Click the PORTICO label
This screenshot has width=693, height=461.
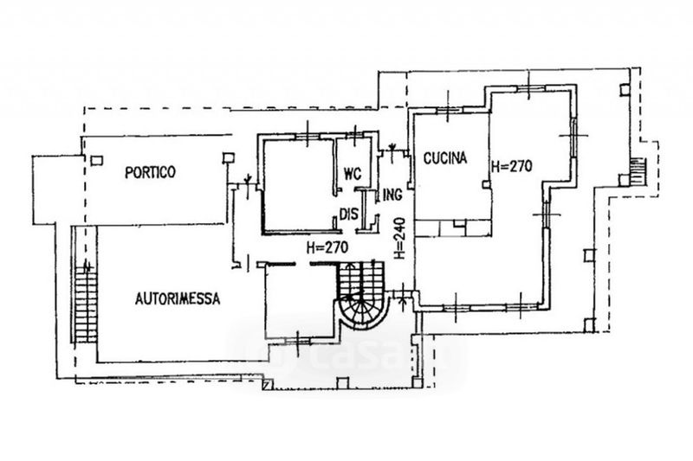coord(150,172)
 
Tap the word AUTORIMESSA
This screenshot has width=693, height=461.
coord(178,299)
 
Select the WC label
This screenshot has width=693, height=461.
coord(351,171)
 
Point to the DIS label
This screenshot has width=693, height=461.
coord(348,214)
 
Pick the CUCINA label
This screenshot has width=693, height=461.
coord(445,158)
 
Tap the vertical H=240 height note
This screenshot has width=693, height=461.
coord(400,238)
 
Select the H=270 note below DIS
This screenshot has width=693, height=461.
coord(327,247)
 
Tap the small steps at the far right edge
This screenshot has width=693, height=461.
coord(638,170)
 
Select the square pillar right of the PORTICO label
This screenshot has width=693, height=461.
coord(228,157)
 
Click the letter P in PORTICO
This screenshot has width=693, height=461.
coord(127,172)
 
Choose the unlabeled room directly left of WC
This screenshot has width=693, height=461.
coord(297,183)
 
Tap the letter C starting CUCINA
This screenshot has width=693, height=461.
coord(427,158)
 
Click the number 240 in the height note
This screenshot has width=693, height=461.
coord(400,227)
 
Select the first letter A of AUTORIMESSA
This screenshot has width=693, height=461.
coord(139,299)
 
